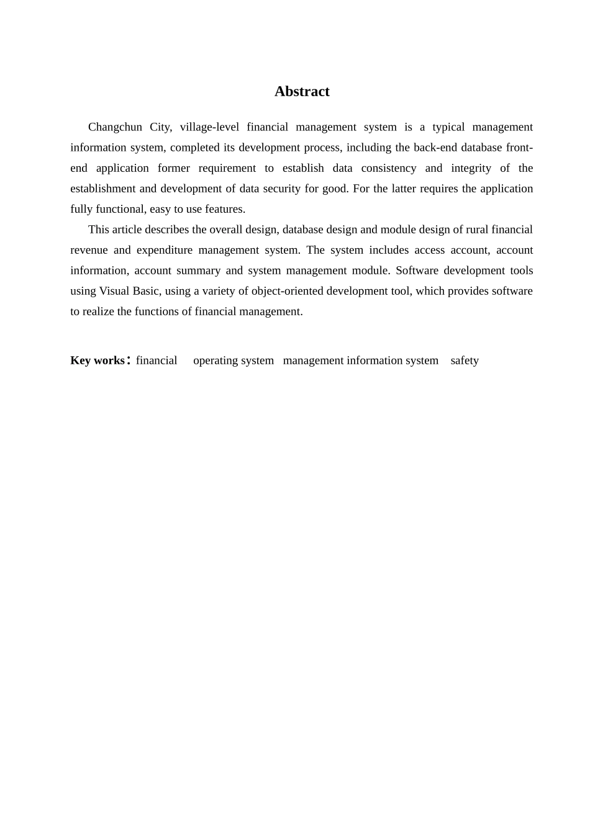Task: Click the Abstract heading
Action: (302, 92)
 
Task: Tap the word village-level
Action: (209, 127)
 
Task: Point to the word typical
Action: (448, 127)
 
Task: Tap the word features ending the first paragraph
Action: (227, 209)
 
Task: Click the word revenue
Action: (89, 250)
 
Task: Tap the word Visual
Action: (114, 291)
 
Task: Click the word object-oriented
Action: (288, 291)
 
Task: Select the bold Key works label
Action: (98, 361)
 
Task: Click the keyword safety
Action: (465, 361)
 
